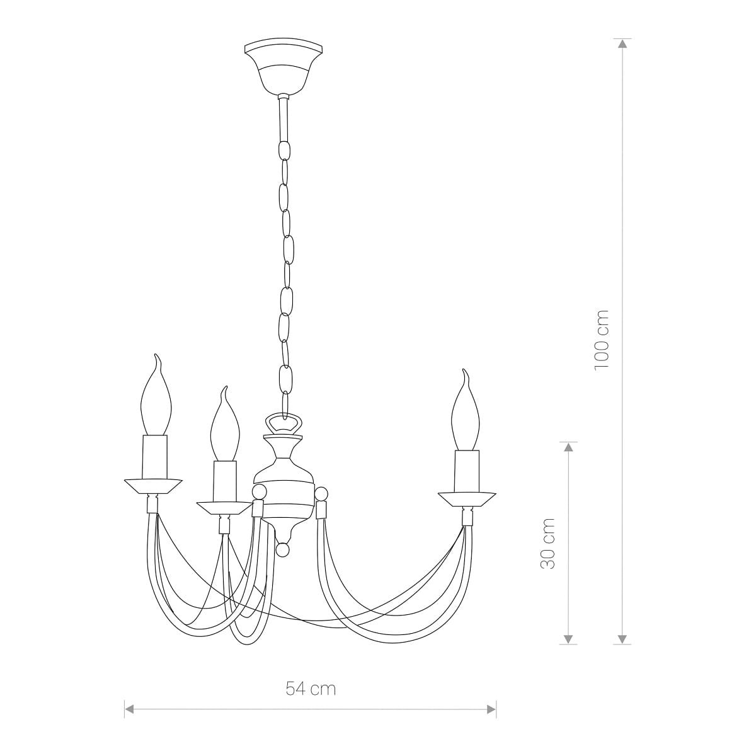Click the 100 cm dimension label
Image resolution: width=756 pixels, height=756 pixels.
pyautogui.click(x=602, y=340)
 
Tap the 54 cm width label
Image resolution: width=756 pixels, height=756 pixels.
pyautogui.click(x=311, y=689)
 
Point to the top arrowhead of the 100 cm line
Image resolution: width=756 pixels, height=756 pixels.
pyautogui.click(x=622, y=43)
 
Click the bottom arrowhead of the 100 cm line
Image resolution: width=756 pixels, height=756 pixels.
pyautogui.click(x=622, y=639)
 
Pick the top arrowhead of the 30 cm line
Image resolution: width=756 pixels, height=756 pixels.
pyautogui.click(x=568, y=447)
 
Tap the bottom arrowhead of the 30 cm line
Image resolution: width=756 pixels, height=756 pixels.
pyautogui.click(x=568, y=639)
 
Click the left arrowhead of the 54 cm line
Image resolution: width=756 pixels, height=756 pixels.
pyautogui.click(x=129, y=709)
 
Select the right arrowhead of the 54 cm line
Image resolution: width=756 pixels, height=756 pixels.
pyautogui.click(x=491, y=709)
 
